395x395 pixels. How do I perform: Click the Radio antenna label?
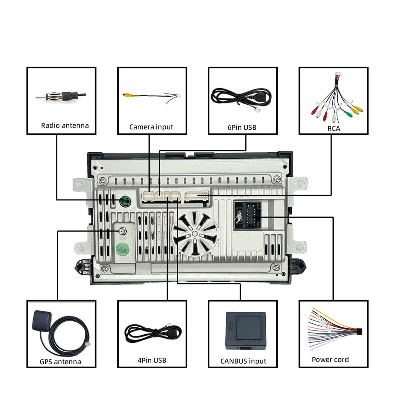[65, 125]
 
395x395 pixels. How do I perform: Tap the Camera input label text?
[151, 127]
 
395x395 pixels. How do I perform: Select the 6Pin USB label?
[242, 127]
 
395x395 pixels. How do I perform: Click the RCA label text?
[333, 128]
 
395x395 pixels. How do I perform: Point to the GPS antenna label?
[60, 362]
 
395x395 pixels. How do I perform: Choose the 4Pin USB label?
[152, 360]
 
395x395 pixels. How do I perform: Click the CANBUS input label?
[243, 361]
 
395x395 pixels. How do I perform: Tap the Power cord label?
[330, 360]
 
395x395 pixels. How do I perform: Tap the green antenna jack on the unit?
[125, 201]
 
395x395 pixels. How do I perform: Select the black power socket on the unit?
[247, 214]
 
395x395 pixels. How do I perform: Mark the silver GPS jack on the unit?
[122, 231]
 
